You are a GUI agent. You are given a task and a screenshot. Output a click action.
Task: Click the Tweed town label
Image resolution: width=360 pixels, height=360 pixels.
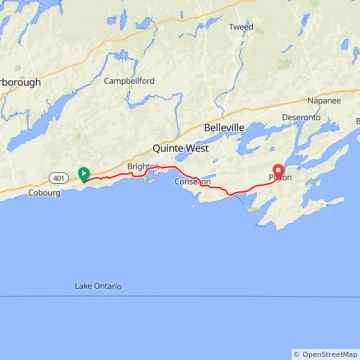click(x=240, y=27)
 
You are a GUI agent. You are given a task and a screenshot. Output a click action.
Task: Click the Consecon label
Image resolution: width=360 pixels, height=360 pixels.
click(x=192, y=182)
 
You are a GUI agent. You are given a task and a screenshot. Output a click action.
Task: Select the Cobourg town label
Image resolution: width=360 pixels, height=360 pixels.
click(x=45, y=193)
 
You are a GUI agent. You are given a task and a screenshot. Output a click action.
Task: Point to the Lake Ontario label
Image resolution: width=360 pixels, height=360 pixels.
click(x=98, y=286)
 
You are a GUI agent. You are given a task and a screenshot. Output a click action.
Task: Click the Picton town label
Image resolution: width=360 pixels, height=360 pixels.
click(x=280, y=178)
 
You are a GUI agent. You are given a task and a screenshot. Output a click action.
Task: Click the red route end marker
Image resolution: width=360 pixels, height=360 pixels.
click(x=277, y=169)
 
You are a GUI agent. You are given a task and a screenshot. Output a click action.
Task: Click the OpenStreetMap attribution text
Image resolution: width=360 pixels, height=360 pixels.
click(x=326, y=354)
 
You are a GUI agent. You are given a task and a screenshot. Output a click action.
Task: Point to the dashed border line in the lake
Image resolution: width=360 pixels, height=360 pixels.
click(x=180, y=297)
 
